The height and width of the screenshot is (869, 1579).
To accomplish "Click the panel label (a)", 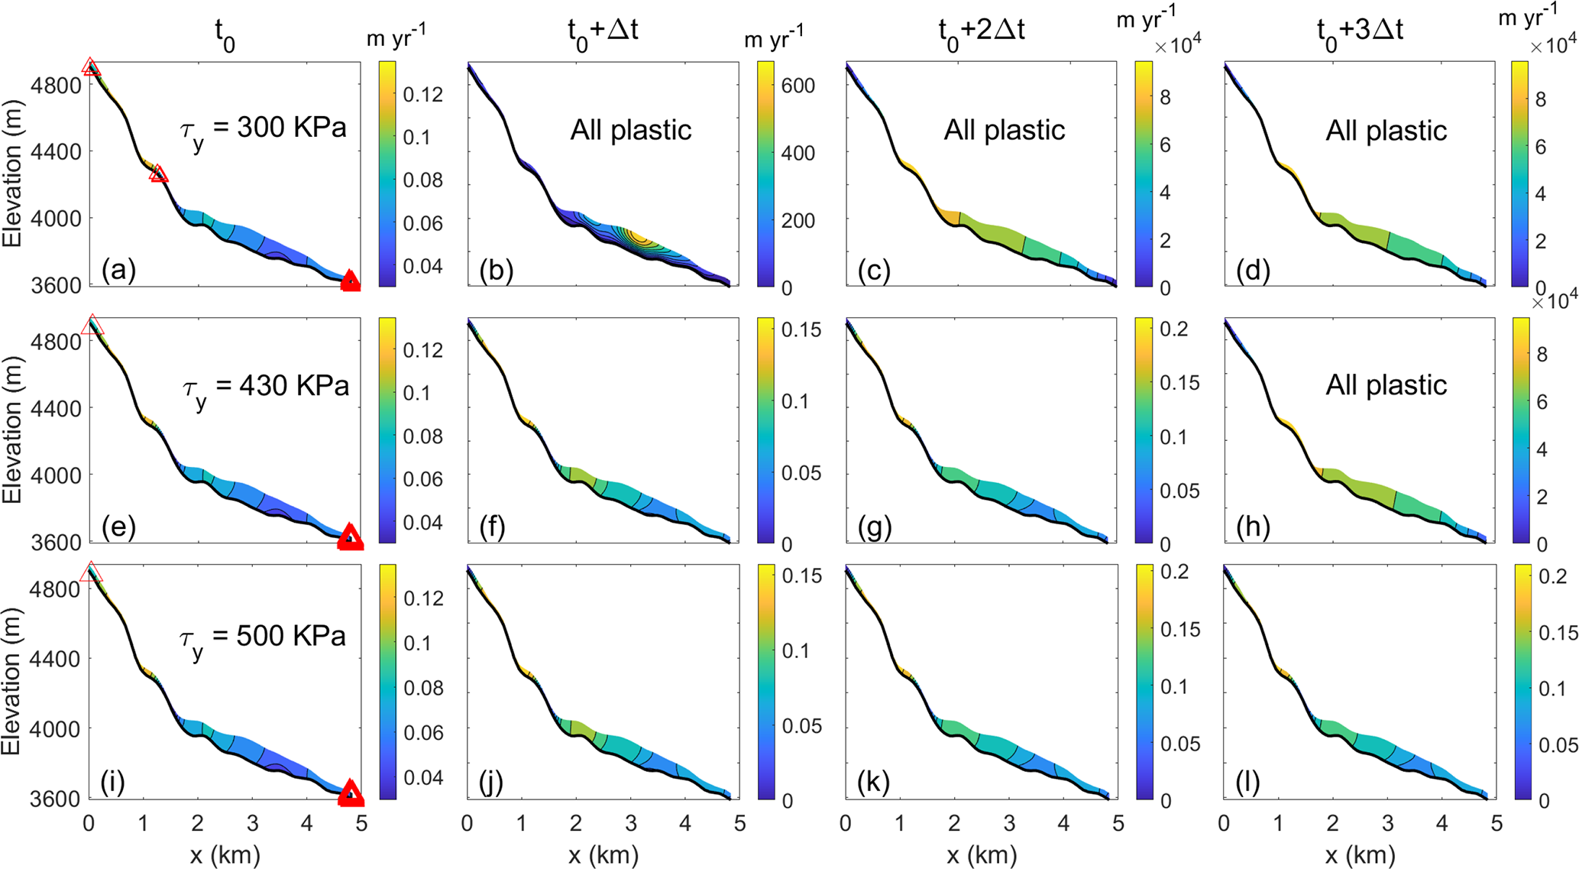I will coord(118,271).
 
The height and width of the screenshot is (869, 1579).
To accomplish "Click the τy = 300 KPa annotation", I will coord(264,129).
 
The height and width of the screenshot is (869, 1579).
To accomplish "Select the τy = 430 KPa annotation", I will coord(265,386).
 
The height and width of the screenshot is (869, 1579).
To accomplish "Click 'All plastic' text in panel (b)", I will coord(630,130).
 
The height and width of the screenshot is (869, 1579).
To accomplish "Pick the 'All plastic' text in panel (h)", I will coord(1386,384).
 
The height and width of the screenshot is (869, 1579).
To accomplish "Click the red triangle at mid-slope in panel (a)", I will coord(159,174).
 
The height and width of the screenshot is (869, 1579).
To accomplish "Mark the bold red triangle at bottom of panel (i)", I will coord(351,793).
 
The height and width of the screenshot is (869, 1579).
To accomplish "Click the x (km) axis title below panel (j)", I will coord(604,854).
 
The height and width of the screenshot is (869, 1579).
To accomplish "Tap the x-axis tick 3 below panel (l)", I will coord(1387,823).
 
